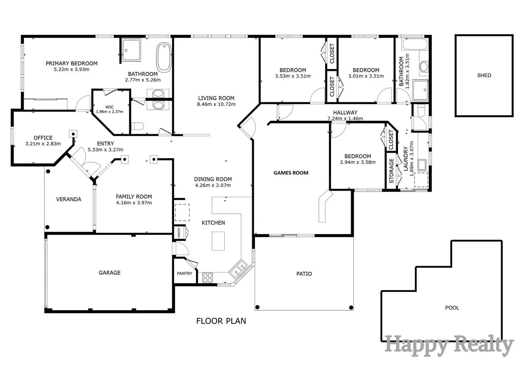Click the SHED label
484,75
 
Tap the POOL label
452,308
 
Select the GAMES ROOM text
291,173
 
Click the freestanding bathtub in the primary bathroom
164,57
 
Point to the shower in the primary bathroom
132,50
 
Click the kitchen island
218,241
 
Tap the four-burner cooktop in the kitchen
208,278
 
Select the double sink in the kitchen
238,269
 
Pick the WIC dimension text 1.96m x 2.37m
109,112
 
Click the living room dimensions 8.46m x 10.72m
216,104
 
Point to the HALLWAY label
345,112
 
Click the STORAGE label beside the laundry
391,171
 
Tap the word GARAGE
109,273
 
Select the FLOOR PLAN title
221,321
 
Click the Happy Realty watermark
449,346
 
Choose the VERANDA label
69,199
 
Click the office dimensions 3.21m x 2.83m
43,144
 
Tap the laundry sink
422,165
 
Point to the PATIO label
304,274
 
